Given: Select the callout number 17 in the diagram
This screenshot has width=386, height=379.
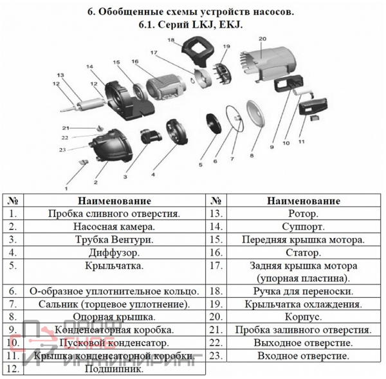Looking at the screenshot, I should pos(154,52).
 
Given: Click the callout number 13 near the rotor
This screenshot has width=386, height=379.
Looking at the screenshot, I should pos(60,76).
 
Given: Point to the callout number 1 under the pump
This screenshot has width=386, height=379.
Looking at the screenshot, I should pos(66,189).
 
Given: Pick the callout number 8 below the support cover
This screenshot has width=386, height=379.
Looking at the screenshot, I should pos(252,155).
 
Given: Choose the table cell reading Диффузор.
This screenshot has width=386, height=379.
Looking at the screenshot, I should pos(113,252).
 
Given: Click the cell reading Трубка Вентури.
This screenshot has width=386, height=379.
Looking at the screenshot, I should pos(113,239).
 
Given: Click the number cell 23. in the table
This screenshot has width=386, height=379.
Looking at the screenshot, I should pos(216,355).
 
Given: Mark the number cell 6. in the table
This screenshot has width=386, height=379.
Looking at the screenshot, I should pos(13,291).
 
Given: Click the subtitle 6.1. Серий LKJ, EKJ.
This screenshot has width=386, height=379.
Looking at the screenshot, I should pos(193,24).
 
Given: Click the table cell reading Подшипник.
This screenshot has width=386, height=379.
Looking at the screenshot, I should pos(113,369).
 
